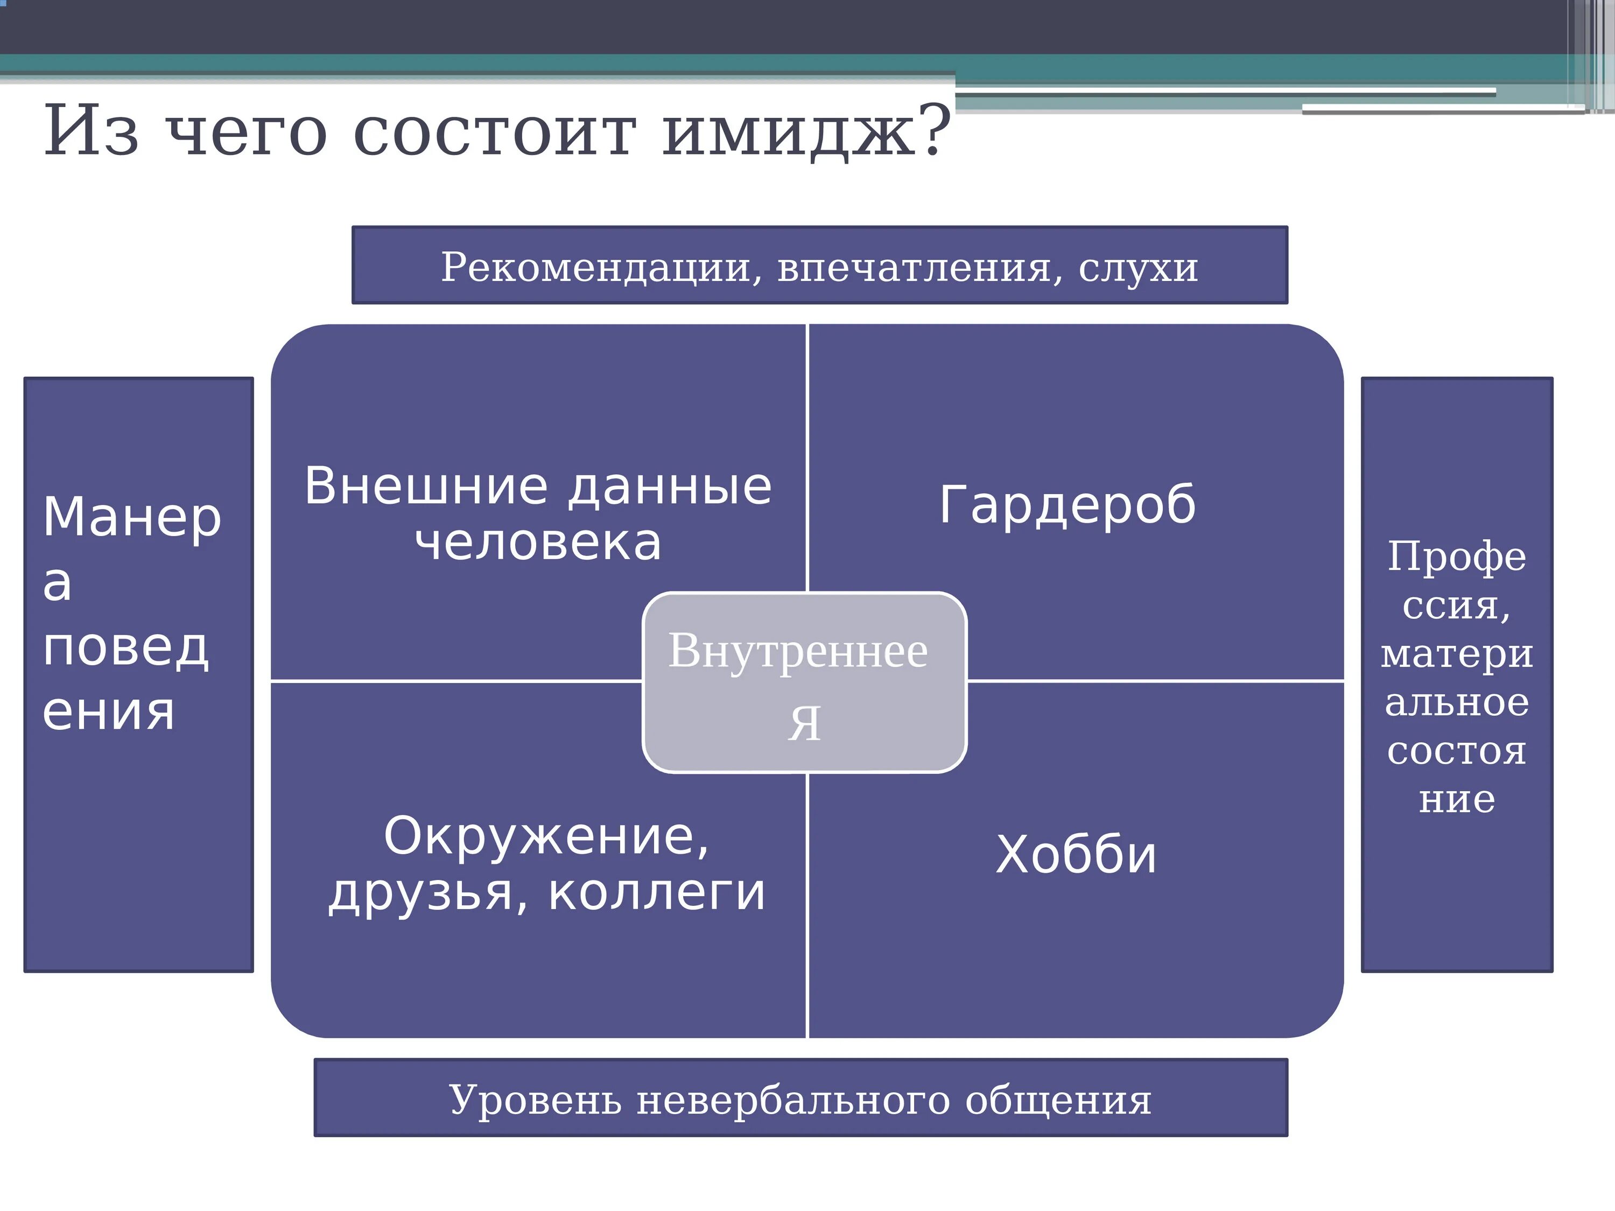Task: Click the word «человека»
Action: (538, 543)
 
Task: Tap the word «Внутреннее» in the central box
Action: (798, 651)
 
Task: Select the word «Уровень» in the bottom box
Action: (535, 1100)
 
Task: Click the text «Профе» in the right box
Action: (1457, 558)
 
